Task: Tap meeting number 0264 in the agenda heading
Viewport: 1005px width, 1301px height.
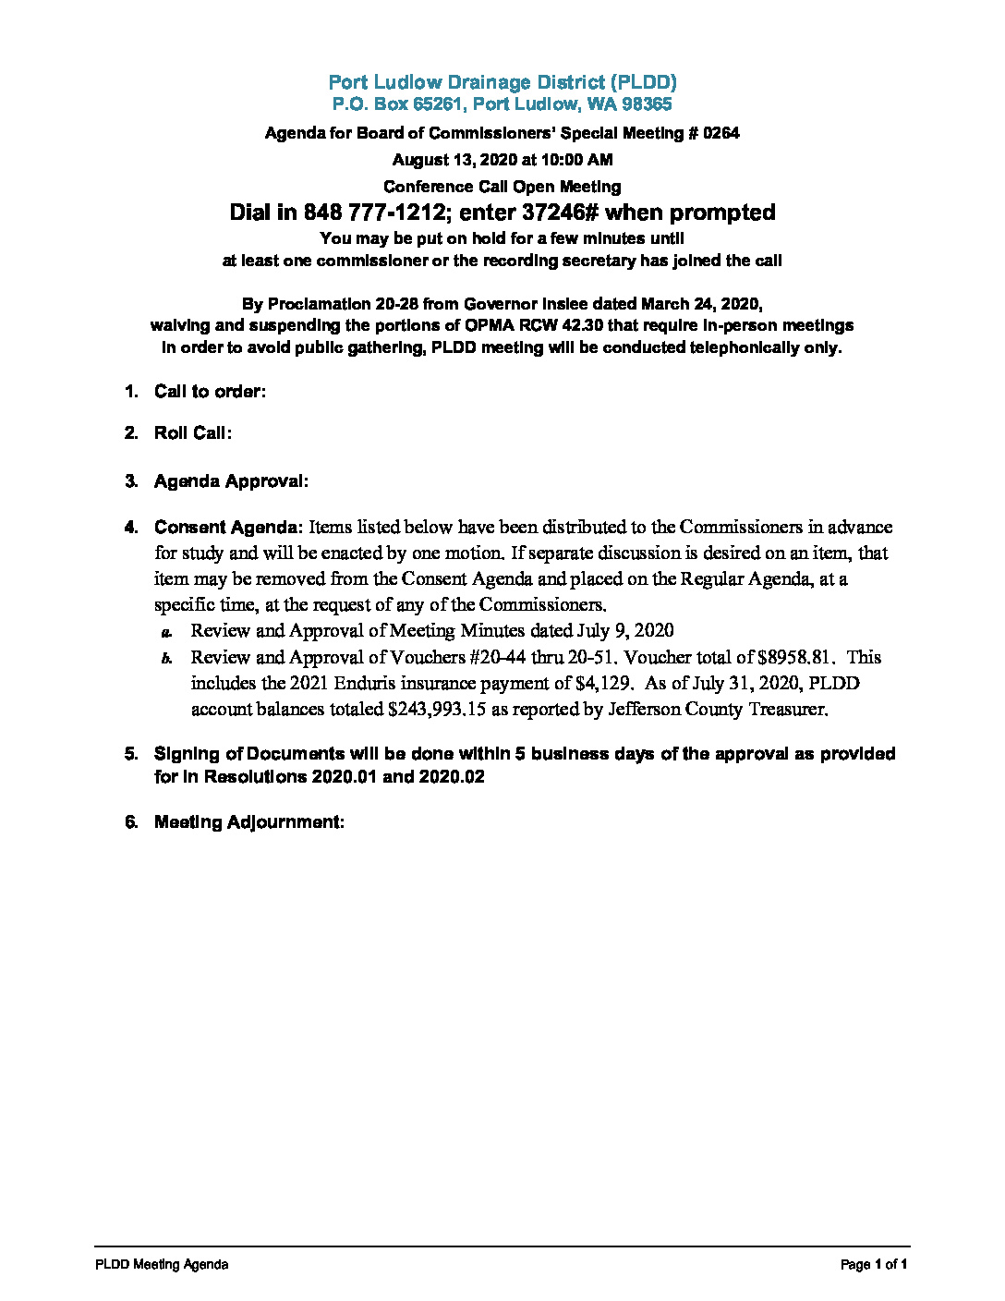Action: click(720, 133)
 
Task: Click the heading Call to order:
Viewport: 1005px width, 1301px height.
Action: click(210, 392)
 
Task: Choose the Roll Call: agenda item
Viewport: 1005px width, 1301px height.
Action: click(192, 433)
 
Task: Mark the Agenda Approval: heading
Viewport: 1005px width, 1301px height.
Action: click(231, 481)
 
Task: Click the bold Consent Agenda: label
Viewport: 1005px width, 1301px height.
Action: click(228, 528)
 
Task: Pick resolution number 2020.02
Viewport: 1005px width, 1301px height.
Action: click(452, 777)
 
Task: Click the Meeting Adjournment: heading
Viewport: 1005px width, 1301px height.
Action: click(248, 822)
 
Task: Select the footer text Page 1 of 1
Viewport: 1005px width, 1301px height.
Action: click(874, 1265)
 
